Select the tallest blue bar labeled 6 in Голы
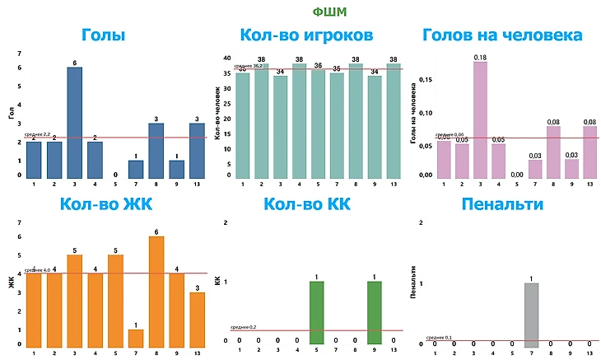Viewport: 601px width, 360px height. (x=74, y=122)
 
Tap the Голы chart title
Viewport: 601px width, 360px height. (x=104, y=35)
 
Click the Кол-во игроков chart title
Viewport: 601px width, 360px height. (x=306, y=35)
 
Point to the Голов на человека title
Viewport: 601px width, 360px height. (x=502, y=35)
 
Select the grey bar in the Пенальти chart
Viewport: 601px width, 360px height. (x=532, y=316)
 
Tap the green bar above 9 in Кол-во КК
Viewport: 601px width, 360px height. (x=374, y=315)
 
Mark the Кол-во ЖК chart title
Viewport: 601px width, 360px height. (x=103, y=204)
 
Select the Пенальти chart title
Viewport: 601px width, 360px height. (x=502, y=204)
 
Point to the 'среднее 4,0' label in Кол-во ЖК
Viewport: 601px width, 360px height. (x=36, y=270)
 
